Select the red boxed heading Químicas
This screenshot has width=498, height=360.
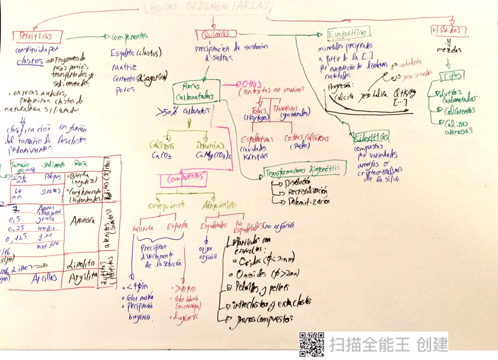click(213, 36)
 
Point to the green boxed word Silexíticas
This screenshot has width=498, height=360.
click(371, 138)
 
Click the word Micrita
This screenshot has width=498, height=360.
click(143, 226)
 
